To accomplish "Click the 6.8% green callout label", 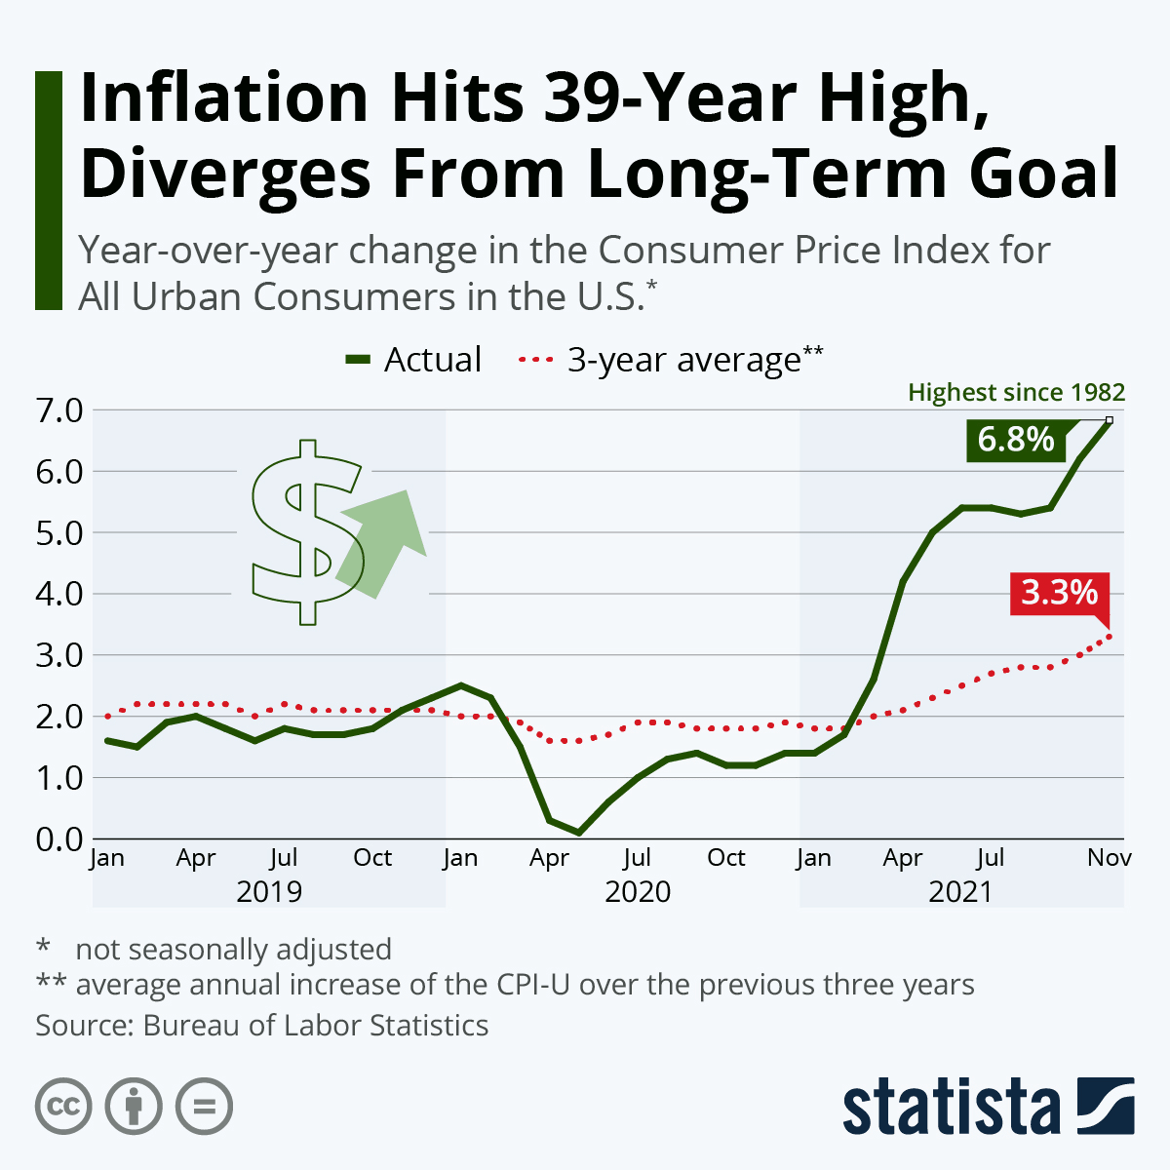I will (x=1016, y=440).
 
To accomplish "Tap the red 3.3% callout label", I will (x=1059, y=592).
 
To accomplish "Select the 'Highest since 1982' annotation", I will (x=1016, y=393).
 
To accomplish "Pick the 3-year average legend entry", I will (x=673, y=360).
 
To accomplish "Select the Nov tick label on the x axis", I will (x=1109, y=858).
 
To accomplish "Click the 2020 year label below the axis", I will (x=638, y=891).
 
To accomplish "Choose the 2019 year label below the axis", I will (x=269, y=891).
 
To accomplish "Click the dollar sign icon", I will (x=304, y=532).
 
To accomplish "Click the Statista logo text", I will (x=951, y=1108).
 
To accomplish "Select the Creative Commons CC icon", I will (x=63, y=1107).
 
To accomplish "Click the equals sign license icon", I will (x=204, y=1107).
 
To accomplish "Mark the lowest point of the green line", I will (x=579, y=833).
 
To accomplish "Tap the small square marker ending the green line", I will (x=1109, y=420).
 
